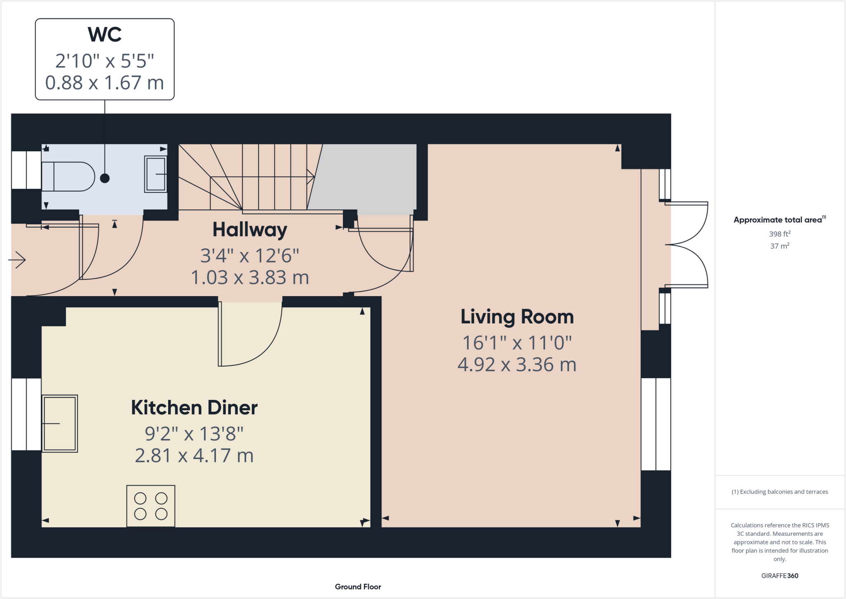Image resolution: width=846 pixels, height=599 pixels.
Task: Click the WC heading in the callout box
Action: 105,35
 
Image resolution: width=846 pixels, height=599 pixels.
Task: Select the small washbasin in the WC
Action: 156,174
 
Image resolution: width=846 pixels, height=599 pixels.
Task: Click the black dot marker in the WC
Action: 105,178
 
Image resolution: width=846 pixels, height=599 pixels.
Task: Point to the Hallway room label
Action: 250,230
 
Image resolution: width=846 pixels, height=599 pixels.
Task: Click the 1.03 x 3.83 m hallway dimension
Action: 250,277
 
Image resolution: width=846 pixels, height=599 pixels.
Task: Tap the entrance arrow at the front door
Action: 17,260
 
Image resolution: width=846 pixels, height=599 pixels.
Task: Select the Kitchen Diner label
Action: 194,408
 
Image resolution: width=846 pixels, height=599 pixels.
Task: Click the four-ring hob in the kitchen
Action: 151,506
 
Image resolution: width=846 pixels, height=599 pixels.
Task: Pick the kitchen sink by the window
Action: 60,423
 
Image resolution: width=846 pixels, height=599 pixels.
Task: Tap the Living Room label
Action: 517,317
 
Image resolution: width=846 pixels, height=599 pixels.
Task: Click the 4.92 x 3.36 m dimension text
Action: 517,365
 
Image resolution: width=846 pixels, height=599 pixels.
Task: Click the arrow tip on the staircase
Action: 313,177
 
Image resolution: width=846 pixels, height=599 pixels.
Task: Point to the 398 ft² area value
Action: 779,234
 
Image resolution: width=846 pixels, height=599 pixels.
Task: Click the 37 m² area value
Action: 779,246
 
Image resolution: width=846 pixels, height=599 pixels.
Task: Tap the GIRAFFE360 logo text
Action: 779,575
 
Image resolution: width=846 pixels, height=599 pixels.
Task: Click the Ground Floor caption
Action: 358,587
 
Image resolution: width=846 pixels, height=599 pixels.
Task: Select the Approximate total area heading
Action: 779,220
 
